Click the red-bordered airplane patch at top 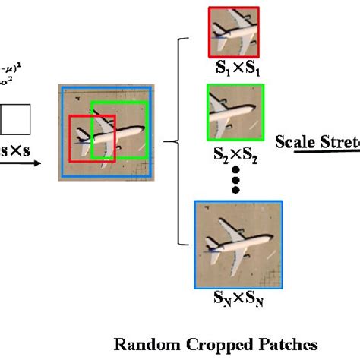point(234,32)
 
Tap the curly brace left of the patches point(181,140)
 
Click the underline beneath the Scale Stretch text point(319,152)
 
